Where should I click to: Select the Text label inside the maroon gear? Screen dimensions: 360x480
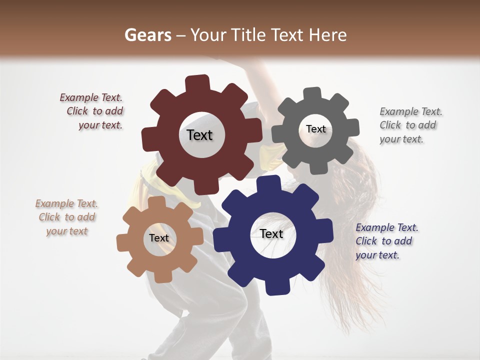tap(199, 135)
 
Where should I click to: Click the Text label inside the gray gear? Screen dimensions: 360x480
tap(315, 129)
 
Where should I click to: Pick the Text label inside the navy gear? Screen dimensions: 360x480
tap(271, 233)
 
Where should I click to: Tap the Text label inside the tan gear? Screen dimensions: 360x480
tap(159, 238)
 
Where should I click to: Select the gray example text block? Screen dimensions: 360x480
tap(410, 125)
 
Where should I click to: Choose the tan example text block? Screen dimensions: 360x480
tap(66, 217)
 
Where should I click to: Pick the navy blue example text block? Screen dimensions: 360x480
tap(386, 241)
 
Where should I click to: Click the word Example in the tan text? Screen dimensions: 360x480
tap(52, 203)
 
